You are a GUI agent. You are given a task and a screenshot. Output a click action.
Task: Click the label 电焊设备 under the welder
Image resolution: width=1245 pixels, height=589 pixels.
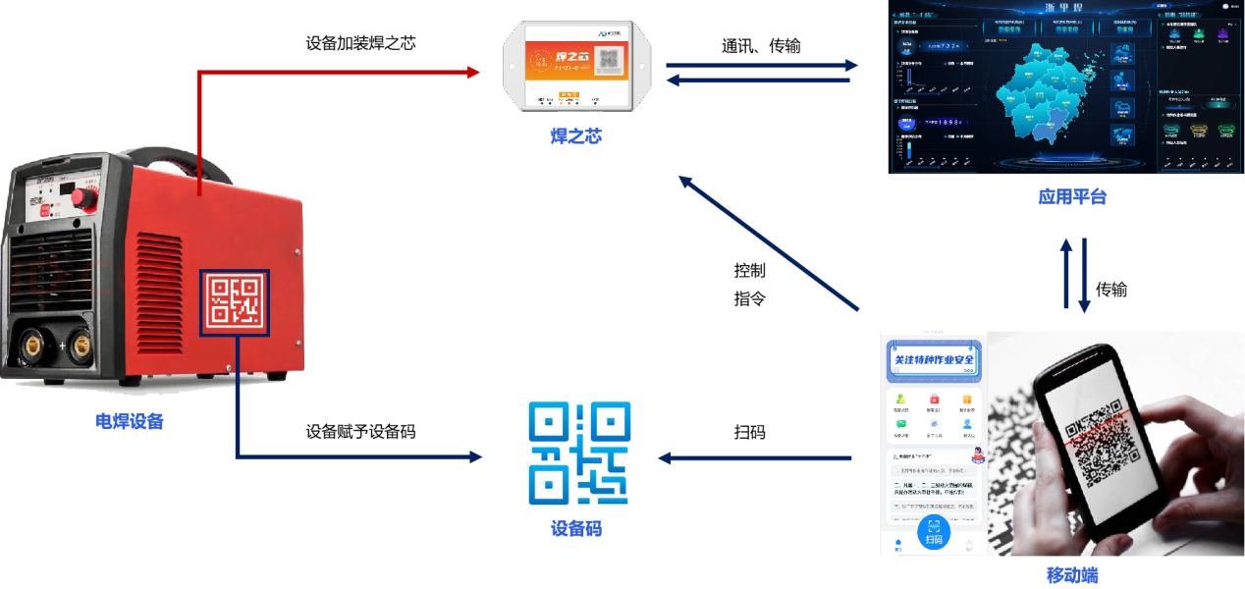130,421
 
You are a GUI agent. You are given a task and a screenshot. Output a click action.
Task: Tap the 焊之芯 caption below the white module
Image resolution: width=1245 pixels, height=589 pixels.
575,135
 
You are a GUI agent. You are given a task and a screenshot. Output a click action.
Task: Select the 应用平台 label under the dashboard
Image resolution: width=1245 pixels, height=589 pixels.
1072,196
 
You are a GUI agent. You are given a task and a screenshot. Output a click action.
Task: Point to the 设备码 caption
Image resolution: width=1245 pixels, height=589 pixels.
575,528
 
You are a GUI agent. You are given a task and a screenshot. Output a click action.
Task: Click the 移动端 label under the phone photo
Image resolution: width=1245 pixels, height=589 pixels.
1071,575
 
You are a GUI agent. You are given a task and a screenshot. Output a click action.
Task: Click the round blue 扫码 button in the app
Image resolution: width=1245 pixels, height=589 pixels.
934,535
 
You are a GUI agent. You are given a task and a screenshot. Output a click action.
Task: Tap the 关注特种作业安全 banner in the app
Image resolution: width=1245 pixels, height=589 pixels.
934,360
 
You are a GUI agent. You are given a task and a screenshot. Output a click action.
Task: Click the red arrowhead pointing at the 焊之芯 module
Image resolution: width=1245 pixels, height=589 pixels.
473,72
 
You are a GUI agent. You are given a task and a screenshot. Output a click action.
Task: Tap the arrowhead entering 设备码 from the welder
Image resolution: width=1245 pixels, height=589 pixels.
475,457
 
